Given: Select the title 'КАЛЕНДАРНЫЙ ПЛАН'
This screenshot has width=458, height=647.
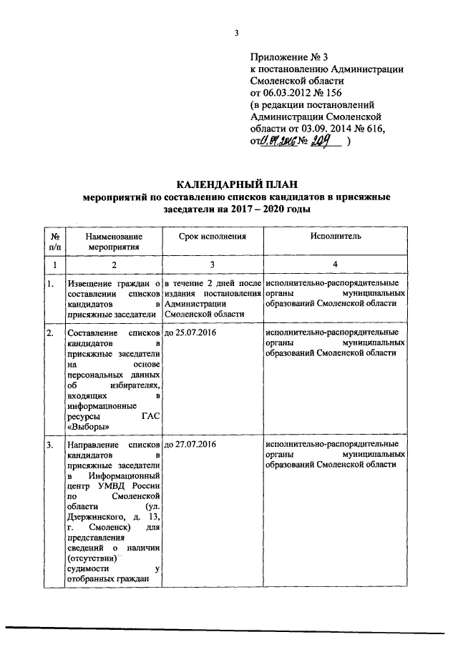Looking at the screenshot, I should (x=235, y=185).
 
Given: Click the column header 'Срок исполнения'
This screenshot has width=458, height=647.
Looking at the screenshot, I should (x=213, y=235).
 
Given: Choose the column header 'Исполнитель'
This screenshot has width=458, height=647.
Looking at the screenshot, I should (x=336, y=235).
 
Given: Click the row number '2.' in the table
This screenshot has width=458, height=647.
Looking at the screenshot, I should (x=50, y=332).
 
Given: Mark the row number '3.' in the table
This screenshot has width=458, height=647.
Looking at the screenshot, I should (x=50, y=444).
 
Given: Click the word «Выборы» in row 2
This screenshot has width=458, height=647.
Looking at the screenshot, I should (x=83, y=427).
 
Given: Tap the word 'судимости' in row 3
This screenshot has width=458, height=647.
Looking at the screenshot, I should (x=86, y=568).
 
